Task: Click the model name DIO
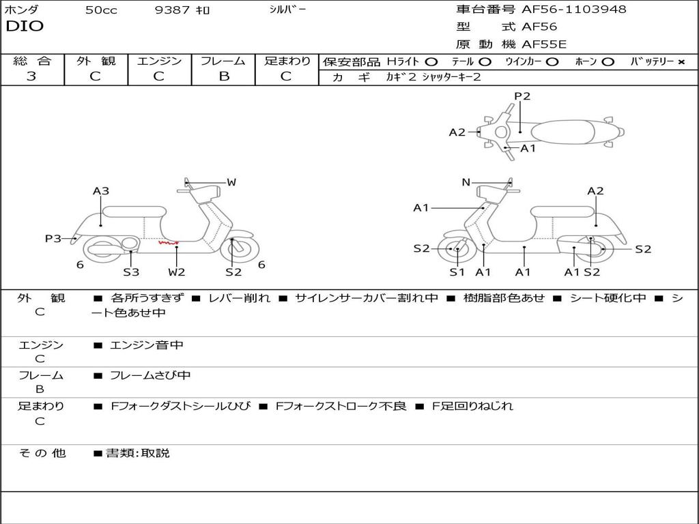[x=25, y=27]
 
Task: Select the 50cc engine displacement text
[x=101, y=10]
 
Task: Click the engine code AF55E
[x=544, y=45]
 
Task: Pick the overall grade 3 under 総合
[x=31, y=76]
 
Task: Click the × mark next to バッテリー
[x=681, y=62]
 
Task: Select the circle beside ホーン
[x=608, y=62]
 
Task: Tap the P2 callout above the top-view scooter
[x=522, y=96]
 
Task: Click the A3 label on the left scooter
[x=101, y=191]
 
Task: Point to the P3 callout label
[x=53, y=239]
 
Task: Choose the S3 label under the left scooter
[x=131, y=272]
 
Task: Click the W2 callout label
[x=177, y=272]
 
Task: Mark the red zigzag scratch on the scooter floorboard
[x=168, y=242]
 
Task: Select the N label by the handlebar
[x=466, y=182]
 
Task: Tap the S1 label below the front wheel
[x=457, y=272]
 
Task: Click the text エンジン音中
[x=147, y=345]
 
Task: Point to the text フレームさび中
[x=150, y=375]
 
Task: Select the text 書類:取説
[x=137, y=453]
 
